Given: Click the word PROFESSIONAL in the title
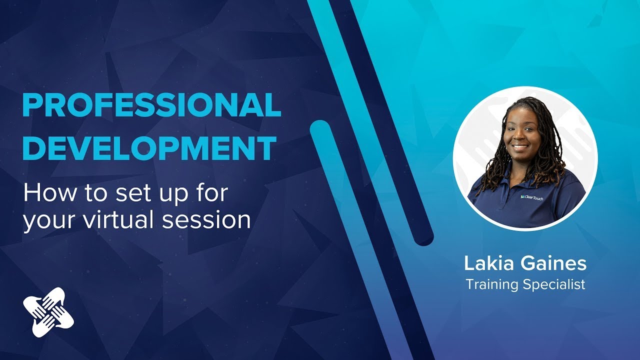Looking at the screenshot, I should pyautogui.click(x=151, y=105).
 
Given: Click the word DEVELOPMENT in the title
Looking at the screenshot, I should pyautogui.click(x=149, y=147).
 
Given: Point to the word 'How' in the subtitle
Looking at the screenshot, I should pyautogui.click(x=44, y=193).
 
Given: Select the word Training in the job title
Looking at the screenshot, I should pyautogui.click(x=492, y=285).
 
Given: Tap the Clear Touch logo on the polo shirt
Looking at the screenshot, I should pyautogui.click(x=533, y=197).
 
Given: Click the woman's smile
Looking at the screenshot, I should pyautogui.click(x=520, y=147).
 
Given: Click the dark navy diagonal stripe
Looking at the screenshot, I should pyautogui.click(x=380, y=125).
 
